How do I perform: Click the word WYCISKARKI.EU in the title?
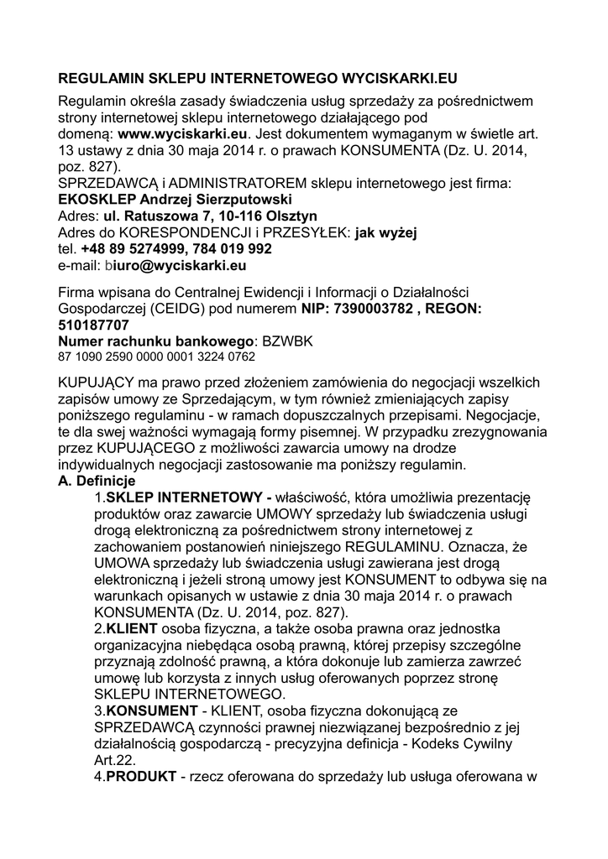click(x=397, y=79)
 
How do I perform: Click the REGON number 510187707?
click(x=93, y=325)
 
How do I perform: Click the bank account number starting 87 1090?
click(x=156, y=357)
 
